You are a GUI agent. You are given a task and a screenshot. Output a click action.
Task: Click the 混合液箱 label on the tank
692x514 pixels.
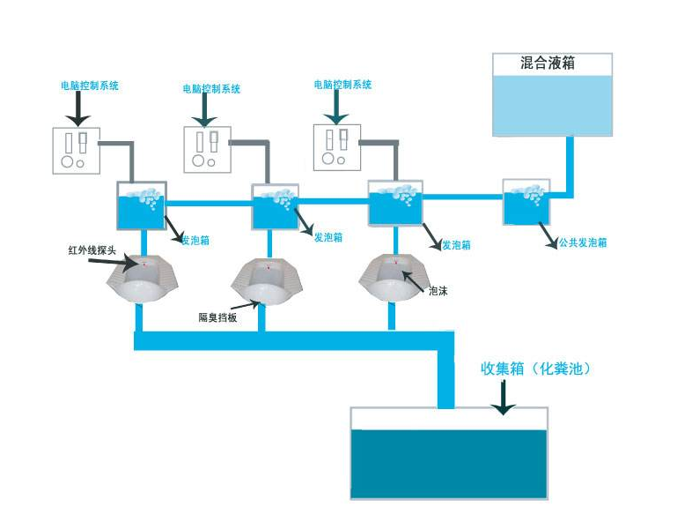click(x=550, y=63)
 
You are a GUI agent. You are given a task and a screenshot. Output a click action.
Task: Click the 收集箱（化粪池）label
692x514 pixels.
click(x=534, y=369)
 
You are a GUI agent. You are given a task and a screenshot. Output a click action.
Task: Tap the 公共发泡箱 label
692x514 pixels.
click(x=582, y=242)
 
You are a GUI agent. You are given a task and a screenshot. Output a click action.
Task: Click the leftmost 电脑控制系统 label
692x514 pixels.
click(x=90, y=86)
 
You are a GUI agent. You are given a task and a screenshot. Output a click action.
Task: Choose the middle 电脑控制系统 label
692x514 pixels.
click(x=211, y=89)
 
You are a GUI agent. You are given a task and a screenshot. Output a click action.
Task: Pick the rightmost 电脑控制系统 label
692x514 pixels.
click(x=342, y=85)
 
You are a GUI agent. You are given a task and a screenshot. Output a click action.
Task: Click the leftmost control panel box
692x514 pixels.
click(x=75, y=150)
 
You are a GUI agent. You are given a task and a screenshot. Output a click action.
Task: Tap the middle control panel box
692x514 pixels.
click(x=207, y=150)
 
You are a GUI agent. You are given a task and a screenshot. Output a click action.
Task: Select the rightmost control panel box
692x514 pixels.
click(x=337, y=146)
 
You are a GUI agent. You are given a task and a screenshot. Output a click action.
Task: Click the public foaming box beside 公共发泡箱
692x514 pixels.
click(x=526, y=202)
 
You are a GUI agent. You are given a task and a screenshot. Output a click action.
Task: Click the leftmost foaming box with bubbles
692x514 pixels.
click(x=141, y=208)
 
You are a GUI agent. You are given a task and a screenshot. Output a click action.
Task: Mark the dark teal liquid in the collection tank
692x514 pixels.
click(x=449, y=463)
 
